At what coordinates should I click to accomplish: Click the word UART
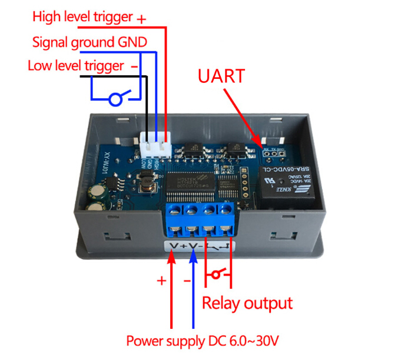221,76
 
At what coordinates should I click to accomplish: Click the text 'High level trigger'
82,16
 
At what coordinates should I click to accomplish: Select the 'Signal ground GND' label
89,42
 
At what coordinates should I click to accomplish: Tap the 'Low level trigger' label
76,65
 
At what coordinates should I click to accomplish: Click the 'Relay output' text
247,303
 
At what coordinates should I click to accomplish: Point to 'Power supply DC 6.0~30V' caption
202,341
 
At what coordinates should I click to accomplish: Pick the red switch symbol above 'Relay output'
218,274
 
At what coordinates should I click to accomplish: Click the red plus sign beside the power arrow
161,281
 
